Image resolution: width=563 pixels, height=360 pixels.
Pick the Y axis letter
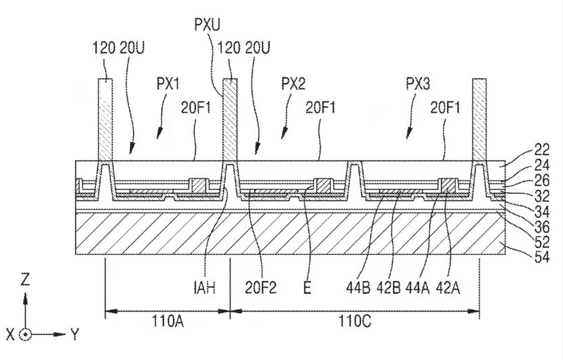[x=74, y=335]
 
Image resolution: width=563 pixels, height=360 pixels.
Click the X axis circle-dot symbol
[x=25, y=335]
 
